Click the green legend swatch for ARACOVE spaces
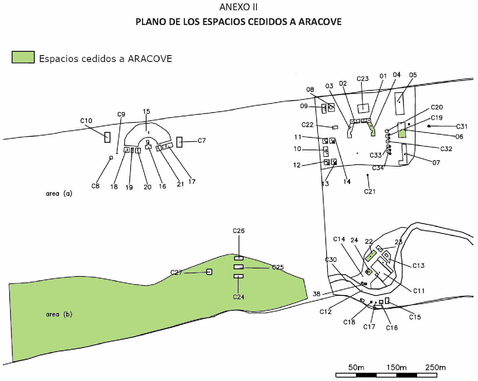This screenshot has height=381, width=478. click(x=23, y=57)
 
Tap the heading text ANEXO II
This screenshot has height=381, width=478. click(x=238, y=7)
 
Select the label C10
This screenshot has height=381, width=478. click(x=86, y=121)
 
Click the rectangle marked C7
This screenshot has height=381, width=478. click(x=179, y=142)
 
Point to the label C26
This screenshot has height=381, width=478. click(x=238, y=231)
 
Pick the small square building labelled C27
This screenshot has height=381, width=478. click(x=209, y=272)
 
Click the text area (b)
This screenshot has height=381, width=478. click(x=59, y=314)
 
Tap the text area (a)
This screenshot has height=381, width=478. click(x=59, y=194)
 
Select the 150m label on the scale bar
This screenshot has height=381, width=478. click(x=396, y=367)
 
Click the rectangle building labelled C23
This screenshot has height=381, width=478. click(x=363, y=108)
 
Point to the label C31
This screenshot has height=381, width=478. click(x=462, y=126)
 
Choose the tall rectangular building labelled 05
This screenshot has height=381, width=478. click(x=399, y=103)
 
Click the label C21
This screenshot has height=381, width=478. click(x=370, y=192)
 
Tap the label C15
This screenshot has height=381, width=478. click(x=415, y=317)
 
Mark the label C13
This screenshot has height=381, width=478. click(x=418, y=266)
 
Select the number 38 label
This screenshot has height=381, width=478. click(x=317, y=294)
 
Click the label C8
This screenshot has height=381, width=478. click(x=95, y=186)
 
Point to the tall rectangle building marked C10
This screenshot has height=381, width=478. click(x=107, y=137)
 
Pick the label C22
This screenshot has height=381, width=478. click(x=307, y=125)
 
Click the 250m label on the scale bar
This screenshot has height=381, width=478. click(x=435, y=367)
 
